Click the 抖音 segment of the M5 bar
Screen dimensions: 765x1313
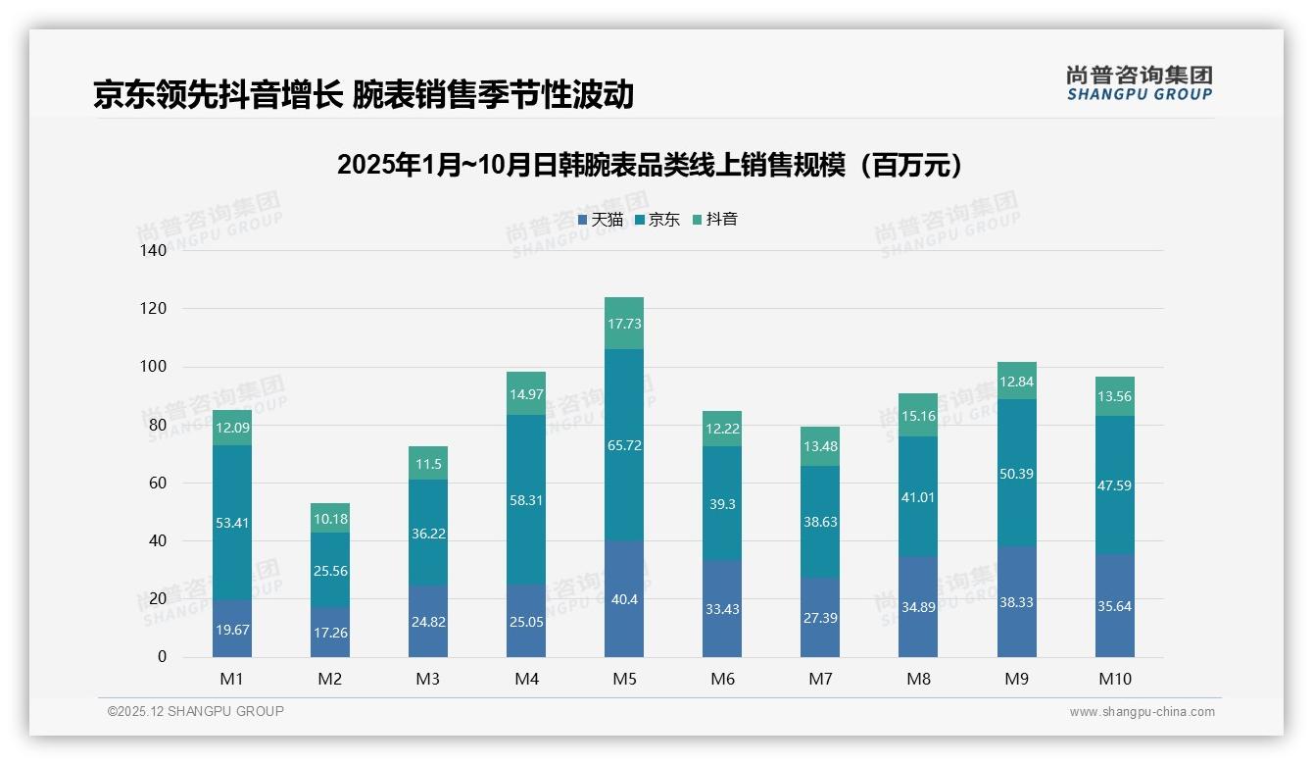(624, 324)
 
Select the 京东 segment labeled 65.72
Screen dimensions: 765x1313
(624, 444)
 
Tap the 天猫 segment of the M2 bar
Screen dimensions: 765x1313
(330, 633)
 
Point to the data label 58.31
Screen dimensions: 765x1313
(526, 500)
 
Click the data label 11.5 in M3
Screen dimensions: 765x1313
(428, 465)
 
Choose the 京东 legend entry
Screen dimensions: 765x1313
(657, 220)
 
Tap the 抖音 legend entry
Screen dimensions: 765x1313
(715, 220)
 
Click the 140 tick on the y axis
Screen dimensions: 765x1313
(154, 251)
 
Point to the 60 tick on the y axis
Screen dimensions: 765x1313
(157, 484)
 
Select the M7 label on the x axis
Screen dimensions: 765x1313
(820, 679)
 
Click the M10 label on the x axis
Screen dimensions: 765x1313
(1114, 679)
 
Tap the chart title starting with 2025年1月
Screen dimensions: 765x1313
(650, 165)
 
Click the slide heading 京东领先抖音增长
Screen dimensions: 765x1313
(364, 94)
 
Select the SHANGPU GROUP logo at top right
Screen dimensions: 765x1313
(1139, 83)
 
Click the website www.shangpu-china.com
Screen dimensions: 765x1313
(1142, 712)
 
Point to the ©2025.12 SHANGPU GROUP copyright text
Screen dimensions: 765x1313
(195, 712)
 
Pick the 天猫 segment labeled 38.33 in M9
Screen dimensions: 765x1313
(1016, 601)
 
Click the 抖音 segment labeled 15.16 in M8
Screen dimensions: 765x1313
(918, 415)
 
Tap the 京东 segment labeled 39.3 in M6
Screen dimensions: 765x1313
(722, 503)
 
